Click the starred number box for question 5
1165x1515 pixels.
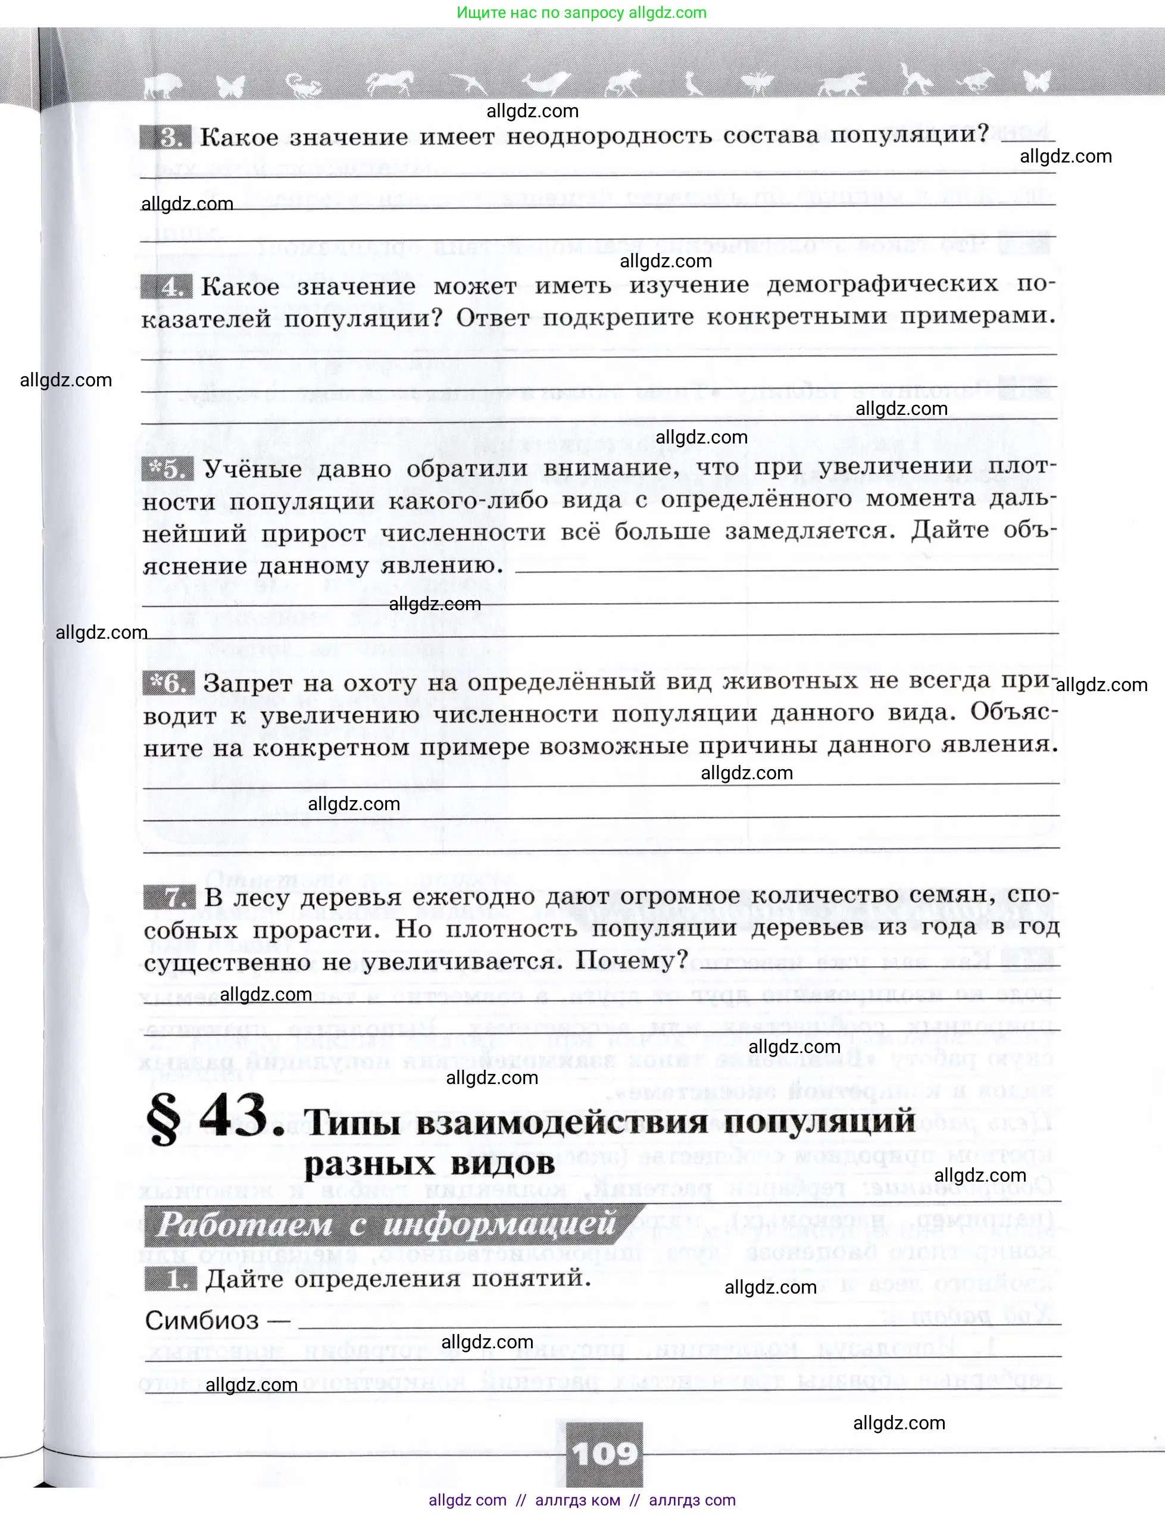point(167,470)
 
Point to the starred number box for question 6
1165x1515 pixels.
point(168,683)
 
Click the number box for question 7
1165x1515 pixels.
point(169,897)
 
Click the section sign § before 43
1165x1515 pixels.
point(164,1119)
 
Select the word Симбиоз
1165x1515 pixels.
point(201,1320)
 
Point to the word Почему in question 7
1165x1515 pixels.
point(631,960)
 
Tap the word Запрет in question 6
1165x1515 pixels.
point(247,683)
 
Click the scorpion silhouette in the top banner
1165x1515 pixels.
point(305,85)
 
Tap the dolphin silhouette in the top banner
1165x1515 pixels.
point(544,83)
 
